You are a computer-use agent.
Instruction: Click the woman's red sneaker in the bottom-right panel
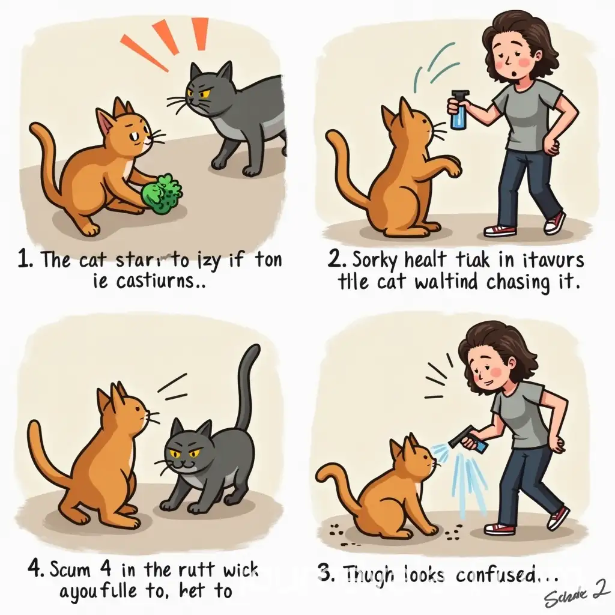coord(500,529)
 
